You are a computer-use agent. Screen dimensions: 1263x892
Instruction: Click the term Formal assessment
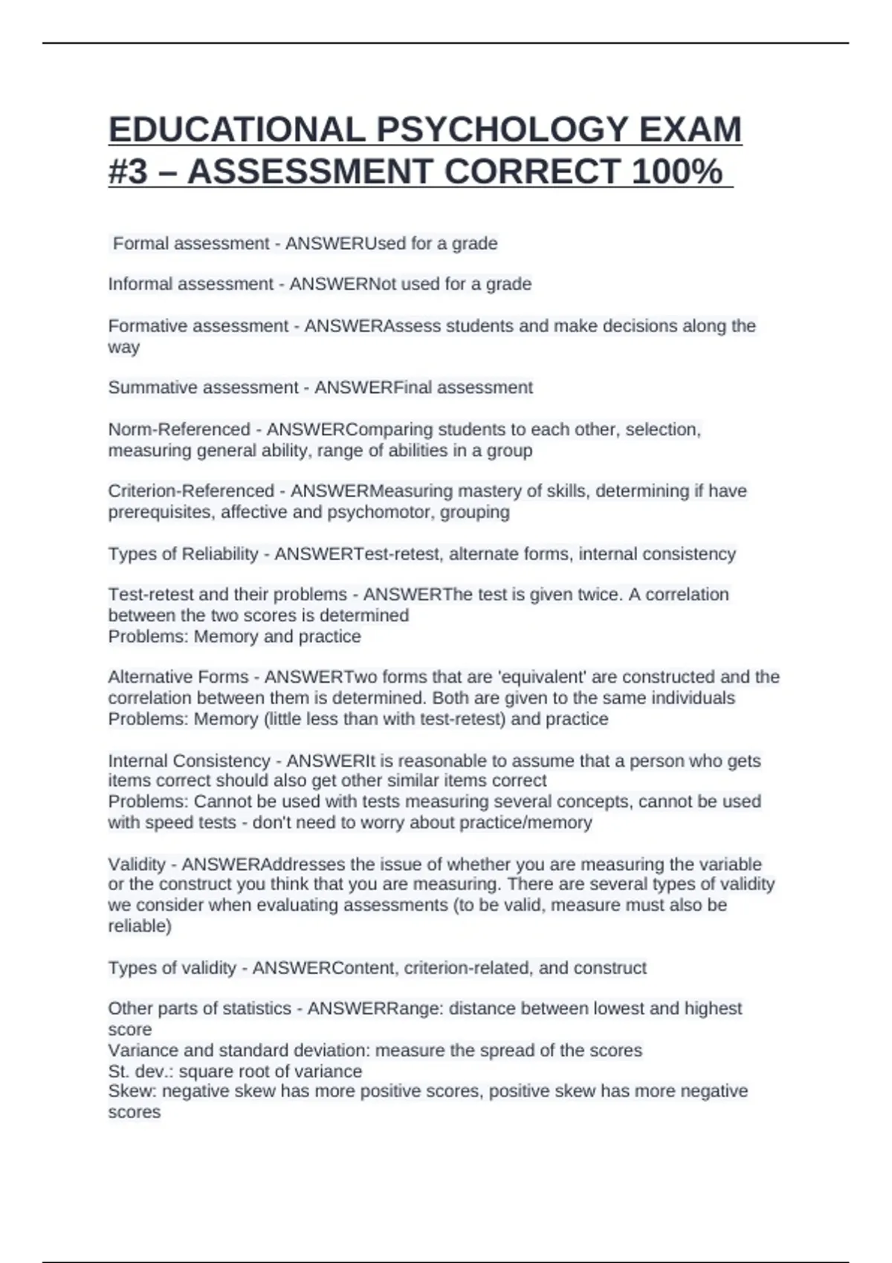(x=191, y=244)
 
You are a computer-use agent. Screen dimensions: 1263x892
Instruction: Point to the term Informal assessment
(x=191, y=285)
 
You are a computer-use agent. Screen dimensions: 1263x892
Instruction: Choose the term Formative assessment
(x=198, y=326)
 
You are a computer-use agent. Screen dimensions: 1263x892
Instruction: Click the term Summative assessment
(x=203, y=388)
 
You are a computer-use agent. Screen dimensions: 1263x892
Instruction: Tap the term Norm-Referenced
(x=179, y=429)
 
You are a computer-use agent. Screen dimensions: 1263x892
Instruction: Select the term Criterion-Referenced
(x=191, y=491)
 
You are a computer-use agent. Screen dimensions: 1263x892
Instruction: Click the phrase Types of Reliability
(x=183, y=554)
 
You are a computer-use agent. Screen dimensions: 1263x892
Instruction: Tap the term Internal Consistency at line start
(x=190, y=761)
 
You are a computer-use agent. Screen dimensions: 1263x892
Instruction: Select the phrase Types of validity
(x=172, y=968)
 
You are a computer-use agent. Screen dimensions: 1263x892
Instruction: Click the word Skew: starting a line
(x=132, y=1091)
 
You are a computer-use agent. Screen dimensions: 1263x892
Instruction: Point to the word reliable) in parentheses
(x=140, y=926)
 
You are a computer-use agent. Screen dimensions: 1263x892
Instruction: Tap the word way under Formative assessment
(x=123, y=347)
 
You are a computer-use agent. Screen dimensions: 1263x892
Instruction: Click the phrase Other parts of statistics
(x=199, y=1009)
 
